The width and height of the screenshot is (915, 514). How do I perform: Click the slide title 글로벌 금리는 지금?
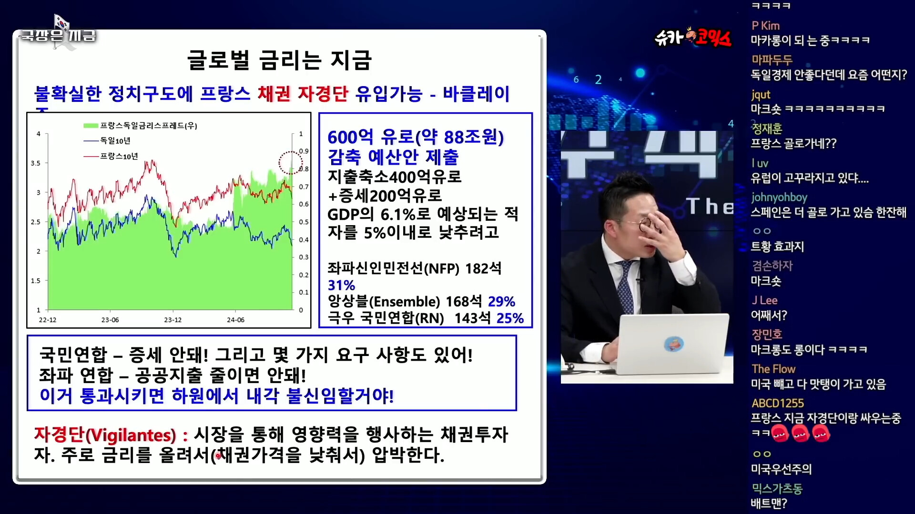(x=279, y=60)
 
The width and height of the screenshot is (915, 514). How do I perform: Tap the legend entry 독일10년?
(x=115, y=141)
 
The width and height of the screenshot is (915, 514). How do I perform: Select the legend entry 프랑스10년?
(x=119, y=156)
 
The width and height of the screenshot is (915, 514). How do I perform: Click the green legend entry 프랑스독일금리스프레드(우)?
(x=148, y=126)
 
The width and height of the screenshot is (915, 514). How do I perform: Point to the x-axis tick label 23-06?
(x=110, y=320)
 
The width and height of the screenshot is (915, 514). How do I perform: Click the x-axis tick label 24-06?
(x=235, y=320)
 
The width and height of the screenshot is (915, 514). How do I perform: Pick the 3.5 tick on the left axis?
(x=36, y=163)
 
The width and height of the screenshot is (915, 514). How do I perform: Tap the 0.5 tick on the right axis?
(x=304, y=222)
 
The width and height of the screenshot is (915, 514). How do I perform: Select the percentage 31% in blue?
(x=341, y=286)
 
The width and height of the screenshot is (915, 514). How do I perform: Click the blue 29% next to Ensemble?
(x=501, y=301)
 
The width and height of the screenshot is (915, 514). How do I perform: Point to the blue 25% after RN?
(x=510, y=318)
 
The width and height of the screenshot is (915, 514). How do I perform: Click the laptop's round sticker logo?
(x=674, y=344)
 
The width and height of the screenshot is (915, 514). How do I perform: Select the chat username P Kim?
(x=765, y=26)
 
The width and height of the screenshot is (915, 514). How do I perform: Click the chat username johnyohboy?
(x=779, y=197)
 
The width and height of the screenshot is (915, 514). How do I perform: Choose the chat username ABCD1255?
(x=778, y=403)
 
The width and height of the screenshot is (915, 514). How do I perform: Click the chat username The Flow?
(x=773, y=369)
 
